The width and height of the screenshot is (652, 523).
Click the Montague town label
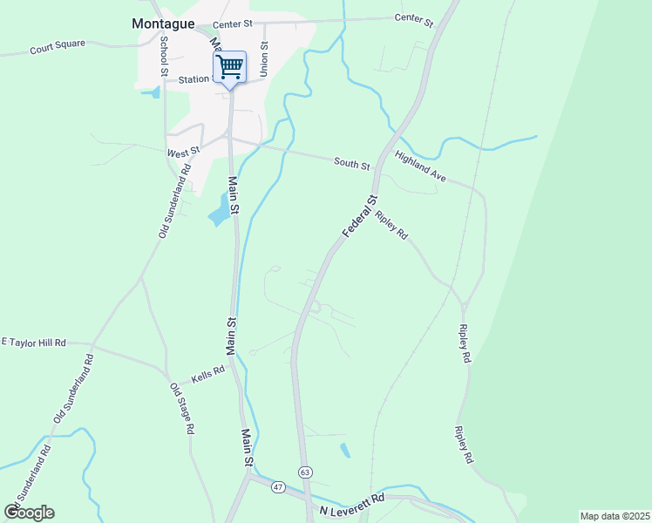(x=163, y=24)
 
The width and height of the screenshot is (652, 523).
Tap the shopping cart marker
(x=230, y=66)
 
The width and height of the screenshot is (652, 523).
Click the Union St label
(x=264, y=58)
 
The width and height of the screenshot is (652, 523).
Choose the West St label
(x=183, y=151)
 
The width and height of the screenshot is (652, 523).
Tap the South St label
(x=352, y=163)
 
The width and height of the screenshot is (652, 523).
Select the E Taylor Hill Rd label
(x=35, y=343)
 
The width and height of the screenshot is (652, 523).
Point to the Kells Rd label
(x=208, y=370)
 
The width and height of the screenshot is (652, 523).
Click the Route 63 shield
(x=304, y=472)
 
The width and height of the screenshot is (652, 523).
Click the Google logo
(x=30, y=513)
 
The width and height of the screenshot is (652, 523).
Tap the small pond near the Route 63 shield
(x=345, y=450)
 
